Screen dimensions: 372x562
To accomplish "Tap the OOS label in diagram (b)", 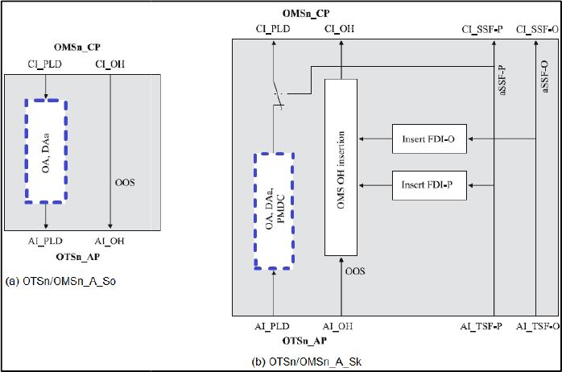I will [355, 271].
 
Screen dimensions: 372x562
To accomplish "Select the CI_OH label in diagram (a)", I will [110, 63].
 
